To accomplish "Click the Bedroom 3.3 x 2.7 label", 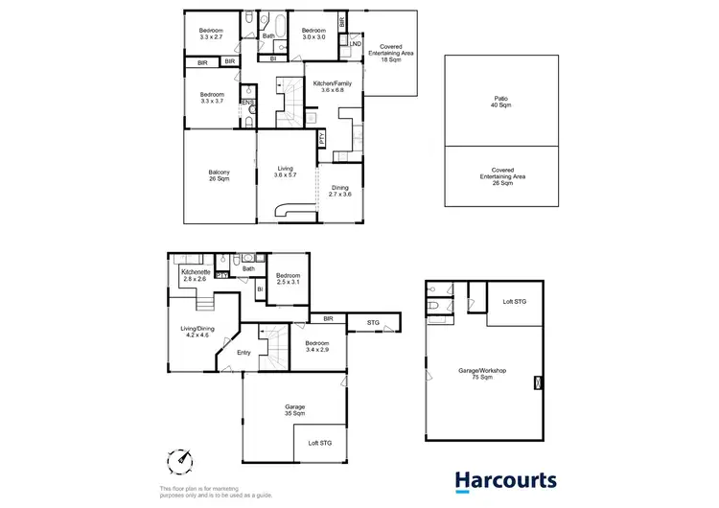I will pos(211,35).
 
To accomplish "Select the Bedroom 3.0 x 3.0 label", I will pos(314,35).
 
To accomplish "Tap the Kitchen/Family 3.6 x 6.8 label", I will pos(333,88).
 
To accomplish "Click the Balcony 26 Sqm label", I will pos(218,176).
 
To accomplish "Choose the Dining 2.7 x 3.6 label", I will pos(340,192).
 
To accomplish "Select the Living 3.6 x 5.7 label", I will pos(284,172).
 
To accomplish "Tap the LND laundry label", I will pos(355,44).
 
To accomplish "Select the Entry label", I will pos(243,353).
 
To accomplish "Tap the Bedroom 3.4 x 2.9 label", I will pos(316,346).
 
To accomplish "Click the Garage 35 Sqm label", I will pos(294,410).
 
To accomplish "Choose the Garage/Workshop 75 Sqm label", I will pos(481,373).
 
